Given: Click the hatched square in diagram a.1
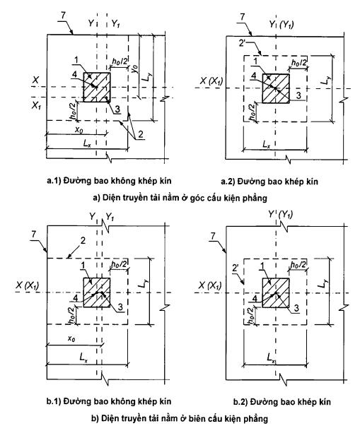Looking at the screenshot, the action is [x=97, y=87].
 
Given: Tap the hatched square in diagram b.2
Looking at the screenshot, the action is [x=276, y=292].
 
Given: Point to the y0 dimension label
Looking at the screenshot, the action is [x=134, y=69].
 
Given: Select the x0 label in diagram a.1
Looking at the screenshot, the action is [x=79, y=129].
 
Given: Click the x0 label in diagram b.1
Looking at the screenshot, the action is [x=71, y=338].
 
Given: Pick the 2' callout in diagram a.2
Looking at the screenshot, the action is [x=243, y=43].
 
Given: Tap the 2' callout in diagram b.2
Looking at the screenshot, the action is [x=236, y=268].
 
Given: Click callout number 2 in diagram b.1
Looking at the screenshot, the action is [x=83, y=240].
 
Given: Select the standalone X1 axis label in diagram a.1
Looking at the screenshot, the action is [x=36, y=105].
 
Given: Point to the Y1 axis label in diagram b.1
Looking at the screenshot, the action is [x=110, y=217].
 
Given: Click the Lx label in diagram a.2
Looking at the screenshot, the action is [x=267, y=144].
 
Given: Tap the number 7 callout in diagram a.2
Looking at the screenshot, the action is [x=243, y=17].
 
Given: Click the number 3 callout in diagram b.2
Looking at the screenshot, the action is [x=296, y=308].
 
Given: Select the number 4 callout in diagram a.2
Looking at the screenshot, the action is [x=253, y=76].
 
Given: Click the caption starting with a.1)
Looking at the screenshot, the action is [x=110, y=181].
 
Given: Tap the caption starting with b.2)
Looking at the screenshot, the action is [x=282, y=402].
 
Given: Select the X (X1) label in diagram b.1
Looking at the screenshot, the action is [x=28, y=285].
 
